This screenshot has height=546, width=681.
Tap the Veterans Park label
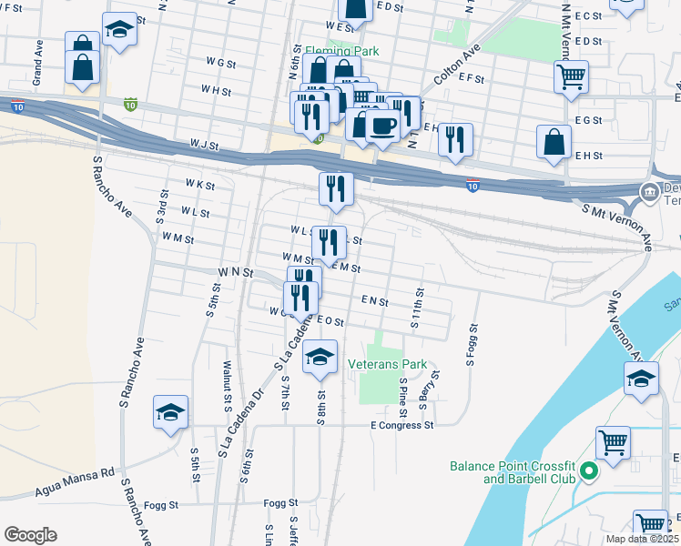point(387,365)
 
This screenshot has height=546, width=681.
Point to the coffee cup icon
point(382,125)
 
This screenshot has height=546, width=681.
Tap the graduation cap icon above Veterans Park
point(320,358)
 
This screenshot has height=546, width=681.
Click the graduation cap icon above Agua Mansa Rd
point(170,413)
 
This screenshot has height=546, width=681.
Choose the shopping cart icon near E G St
point(571,77)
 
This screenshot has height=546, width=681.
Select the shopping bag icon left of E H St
point(554,142)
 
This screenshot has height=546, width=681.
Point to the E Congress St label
point(401,425)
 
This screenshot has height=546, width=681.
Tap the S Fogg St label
point(472,344)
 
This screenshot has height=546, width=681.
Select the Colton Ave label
point(456,66)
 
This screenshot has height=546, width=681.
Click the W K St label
point(198,186)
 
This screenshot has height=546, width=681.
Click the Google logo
point(30,535)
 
